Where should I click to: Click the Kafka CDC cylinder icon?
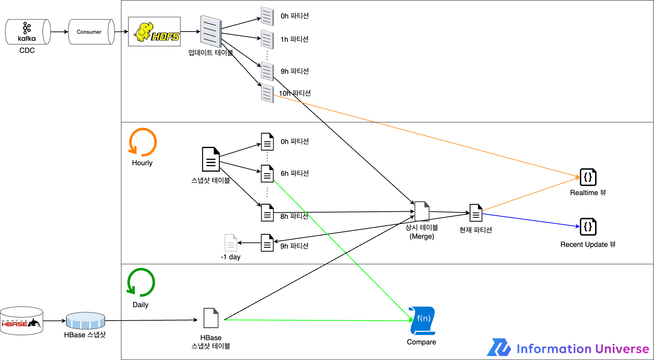click(x=28, y=32)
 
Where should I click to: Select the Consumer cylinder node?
click(x=91, y=32)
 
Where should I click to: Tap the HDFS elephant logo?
click(x=154, y=32)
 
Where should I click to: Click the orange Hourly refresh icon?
click(x=143, y=142)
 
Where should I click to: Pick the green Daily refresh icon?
click(x=141, y=282)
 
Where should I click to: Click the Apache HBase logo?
click(x=21, y=321)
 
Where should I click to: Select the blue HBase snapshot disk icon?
click(x=86, y=321)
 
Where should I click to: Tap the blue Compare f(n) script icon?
click(x=422, y=321)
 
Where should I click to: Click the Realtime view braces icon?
click(x=588, y=177)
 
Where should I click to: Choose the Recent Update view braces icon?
click(x=588, y=227)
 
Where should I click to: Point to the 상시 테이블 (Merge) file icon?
click(x=422, y=211)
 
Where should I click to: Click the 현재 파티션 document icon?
click(x=476, y=213)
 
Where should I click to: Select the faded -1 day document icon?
click(x=231, y=243)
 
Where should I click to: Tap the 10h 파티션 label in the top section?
click(x=295, y=93)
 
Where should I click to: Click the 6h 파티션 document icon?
click(x=267, y=173)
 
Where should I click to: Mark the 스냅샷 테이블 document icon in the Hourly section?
click(x=211, y=159)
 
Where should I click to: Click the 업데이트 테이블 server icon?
click(x=211, y=31)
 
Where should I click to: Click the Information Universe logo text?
click(x=583, y=349)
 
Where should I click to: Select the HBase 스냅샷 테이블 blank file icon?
click(x=211, y=318)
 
